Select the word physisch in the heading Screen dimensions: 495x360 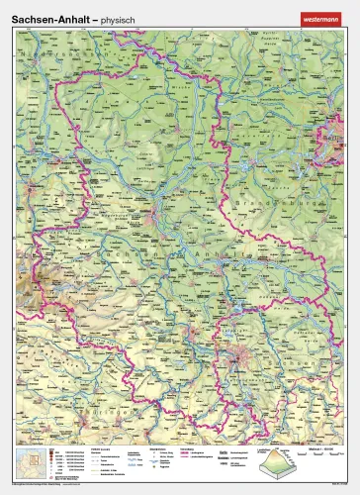(119, 17)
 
